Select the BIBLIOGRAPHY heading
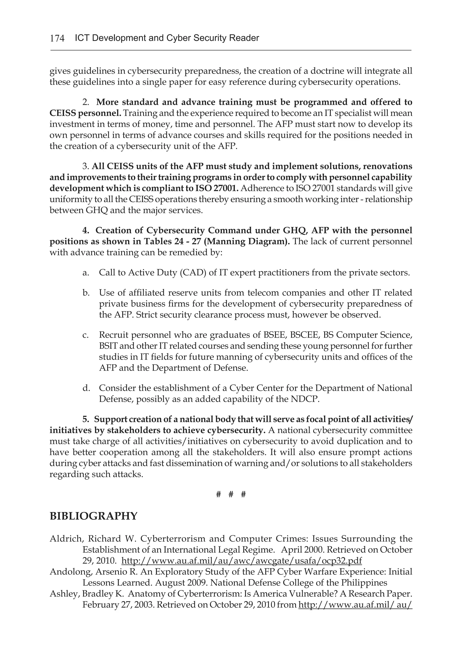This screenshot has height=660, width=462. pyautogui.click(x=93, y=516)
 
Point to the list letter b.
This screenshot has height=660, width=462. pyautogui.click(x=85, y=293)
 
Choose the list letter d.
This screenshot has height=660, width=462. pyautogui.click(x=85, y=388)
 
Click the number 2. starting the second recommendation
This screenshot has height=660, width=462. pyautogui.click(x=86, y=102)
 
